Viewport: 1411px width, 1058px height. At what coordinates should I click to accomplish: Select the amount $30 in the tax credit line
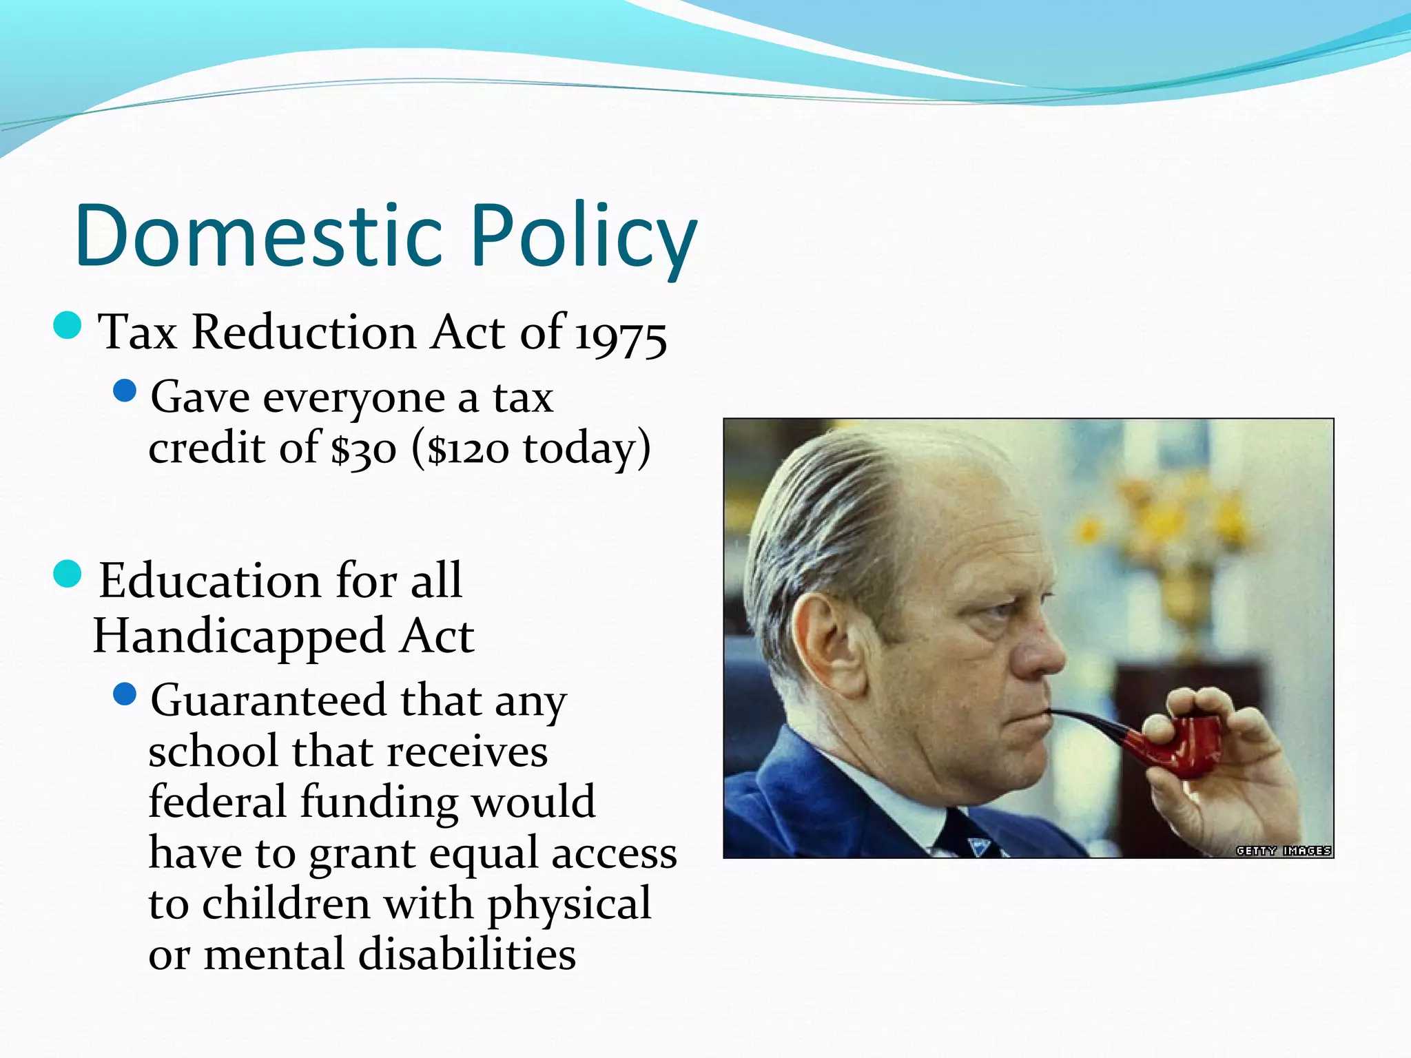coord(363,449)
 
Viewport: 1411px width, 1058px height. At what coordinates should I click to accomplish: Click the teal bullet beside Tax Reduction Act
coord(68,325)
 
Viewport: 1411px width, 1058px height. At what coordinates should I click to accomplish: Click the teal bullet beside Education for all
coord(68,573)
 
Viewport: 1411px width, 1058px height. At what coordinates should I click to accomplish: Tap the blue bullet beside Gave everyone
coord(125,391)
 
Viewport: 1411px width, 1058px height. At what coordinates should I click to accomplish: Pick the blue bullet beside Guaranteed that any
coord(125,694)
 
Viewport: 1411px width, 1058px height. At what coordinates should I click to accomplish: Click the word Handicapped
coord(238,636)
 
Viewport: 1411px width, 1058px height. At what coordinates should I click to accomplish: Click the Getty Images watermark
coord(1283,851)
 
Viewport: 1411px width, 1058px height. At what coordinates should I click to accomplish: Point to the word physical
coord(569,904)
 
